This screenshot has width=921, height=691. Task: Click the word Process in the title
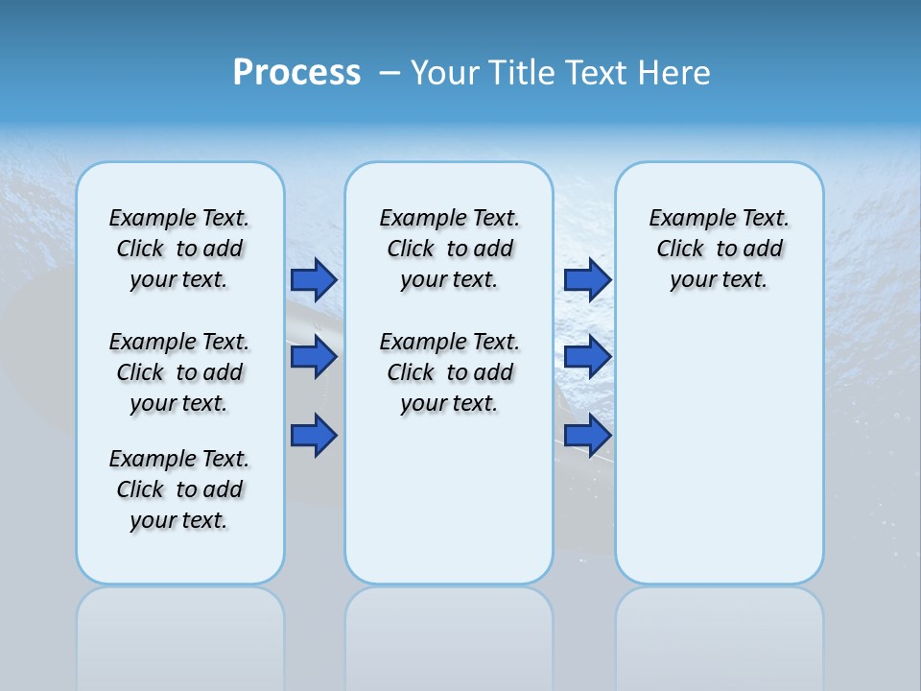click(296, 73)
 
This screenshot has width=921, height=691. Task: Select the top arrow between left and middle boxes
click(314, 279)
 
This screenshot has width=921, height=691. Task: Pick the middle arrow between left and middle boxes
click(314, 357)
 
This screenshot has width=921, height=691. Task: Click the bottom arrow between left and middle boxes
click(314, 436)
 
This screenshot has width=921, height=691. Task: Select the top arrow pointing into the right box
click(587, 279)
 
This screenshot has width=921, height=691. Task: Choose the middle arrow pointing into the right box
click(587, 357)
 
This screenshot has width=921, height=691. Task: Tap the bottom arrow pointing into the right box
click(587, 436)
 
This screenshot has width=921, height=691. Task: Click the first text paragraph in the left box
click(179, 249)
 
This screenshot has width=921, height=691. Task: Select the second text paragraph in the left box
click(179, 372)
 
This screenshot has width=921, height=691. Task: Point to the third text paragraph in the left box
click(179, 489)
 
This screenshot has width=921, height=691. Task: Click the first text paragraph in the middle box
click(449, 249)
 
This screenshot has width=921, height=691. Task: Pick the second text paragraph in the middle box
click(449, 372)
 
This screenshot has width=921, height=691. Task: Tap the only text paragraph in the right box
click(719, 249)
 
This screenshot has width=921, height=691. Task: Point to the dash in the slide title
click(390, 73)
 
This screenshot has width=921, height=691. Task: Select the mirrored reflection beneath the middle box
click(449, 633)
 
